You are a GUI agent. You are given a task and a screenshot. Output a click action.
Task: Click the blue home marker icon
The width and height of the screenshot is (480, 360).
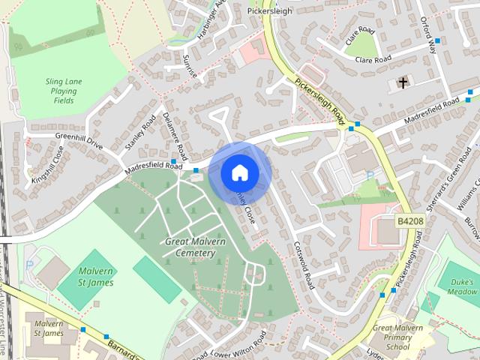tap(239, 172)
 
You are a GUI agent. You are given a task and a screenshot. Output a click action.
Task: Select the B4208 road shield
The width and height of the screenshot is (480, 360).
tap(409, 221)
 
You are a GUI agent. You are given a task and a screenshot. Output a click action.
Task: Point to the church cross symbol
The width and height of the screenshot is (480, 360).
tap(403, 82)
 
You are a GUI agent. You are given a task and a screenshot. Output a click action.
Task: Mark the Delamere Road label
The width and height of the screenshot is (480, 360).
tap(174, 133)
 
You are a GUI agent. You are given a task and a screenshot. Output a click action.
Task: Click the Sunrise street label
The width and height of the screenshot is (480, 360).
tap(190, 64)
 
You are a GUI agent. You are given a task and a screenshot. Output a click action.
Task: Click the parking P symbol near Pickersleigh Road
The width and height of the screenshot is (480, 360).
tap(369, 175)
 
